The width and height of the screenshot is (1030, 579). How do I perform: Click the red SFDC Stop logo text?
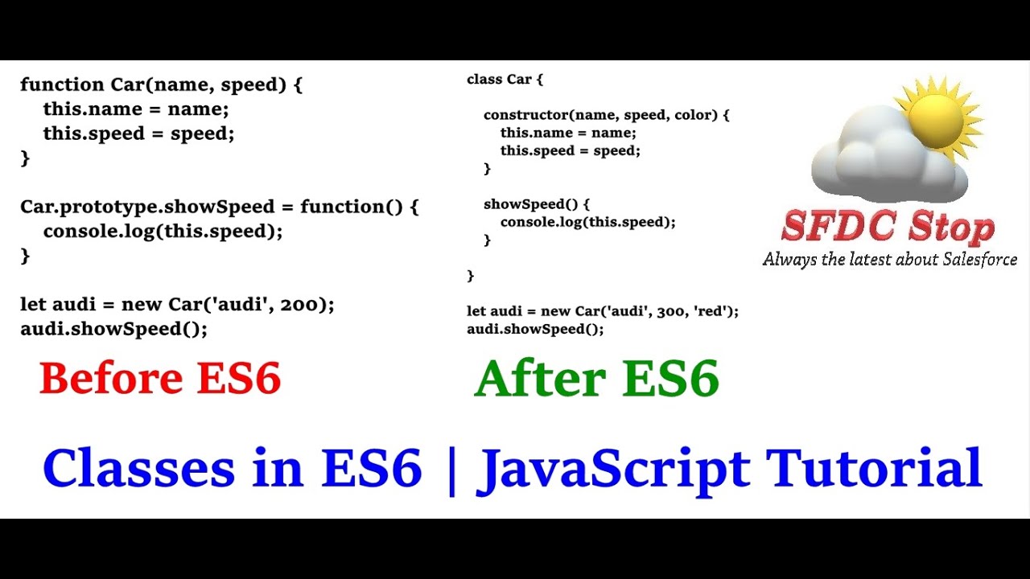888,228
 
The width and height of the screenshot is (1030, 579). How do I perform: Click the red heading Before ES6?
160,379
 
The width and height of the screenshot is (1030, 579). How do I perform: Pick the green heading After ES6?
596,379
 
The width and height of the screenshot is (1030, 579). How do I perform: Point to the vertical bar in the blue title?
450,470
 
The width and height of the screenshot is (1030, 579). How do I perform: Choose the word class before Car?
484,80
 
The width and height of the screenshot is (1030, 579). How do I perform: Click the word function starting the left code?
51,84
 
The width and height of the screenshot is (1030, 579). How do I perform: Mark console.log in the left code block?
91,232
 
